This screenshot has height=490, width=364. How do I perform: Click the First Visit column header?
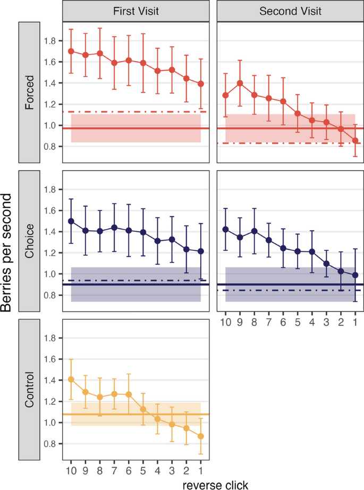[136, 11]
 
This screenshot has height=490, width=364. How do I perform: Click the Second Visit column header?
[290, 11]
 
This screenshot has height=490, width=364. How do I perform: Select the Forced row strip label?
[29, 92]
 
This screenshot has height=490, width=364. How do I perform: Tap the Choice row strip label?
[29, 241]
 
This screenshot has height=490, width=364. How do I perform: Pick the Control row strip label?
[29, 390]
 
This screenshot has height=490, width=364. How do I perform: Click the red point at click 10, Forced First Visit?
[71, 52]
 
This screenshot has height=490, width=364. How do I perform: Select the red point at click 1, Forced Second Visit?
[355, 140]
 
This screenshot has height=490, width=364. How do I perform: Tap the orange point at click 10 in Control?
[71, 379]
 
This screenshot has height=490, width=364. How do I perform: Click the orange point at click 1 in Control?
[200, 436]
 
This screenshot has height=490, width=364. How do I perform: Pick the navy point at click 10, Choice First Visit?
[71, 221]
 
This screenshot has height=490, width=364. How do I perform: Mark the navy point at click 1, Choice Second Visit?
[355, 275]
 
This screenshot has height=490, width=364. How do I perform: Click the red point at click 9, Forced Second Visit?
[240, 83]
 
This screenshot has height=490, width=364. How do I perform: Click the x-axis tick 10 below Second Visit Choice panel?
[226, 322]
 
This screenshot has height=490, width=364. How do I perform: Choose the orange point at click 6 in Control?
[129, 394]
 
